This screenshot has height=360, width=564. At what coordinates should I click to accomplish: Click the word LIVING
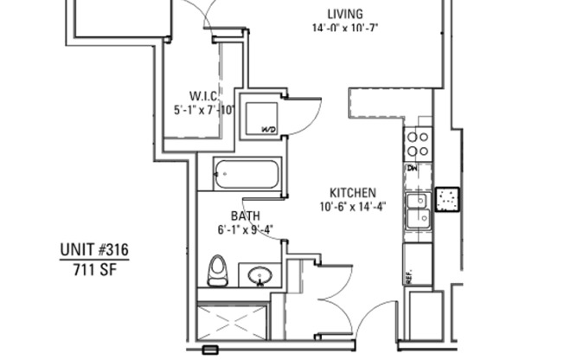tap(344, 13)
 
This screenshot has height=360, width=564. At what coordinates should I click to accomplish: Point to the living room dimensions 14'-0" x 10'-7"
tap(345, 28)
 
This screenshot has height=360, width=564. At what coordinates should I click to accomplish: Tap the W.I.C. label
tap(204, 95)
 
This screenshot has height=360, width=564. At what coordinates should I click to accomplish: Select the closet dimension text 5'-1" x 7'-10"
tap(204, 110)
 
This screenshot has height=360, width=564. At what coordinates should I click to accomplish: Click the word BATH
tap(246, 215)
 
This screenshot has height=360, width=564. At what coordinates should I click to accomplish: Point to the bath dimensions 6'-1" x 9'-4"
tap(246, 229)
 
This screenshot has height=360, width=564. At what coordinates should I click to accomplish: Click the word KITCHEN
tap(352, 192)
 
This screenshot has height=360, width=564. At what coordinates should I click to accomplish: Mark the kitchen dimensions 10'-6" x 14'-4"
tap(352, 206)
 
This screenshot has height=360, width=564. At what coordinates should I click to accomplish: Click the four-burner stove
tap(419, 142)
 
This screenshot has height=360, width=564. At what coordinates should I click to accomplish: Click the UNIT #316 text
tap(94, 251)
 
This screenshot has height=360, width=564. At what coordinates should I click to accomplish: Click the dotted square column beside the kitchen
tap(447, 199)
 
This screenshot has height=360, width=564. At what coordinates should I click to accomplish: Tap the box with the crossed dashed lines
tap(231, 321)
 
